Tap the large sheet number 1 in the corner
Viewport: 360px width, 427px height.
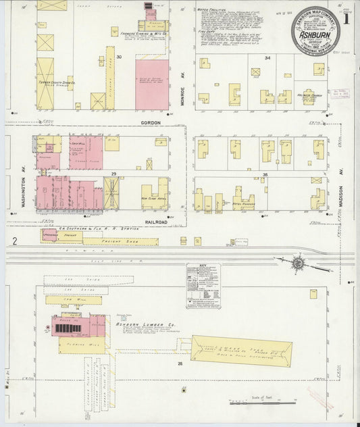(346, 19)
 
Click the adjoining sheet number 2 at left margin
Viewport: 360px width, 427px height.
(14, 241)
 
